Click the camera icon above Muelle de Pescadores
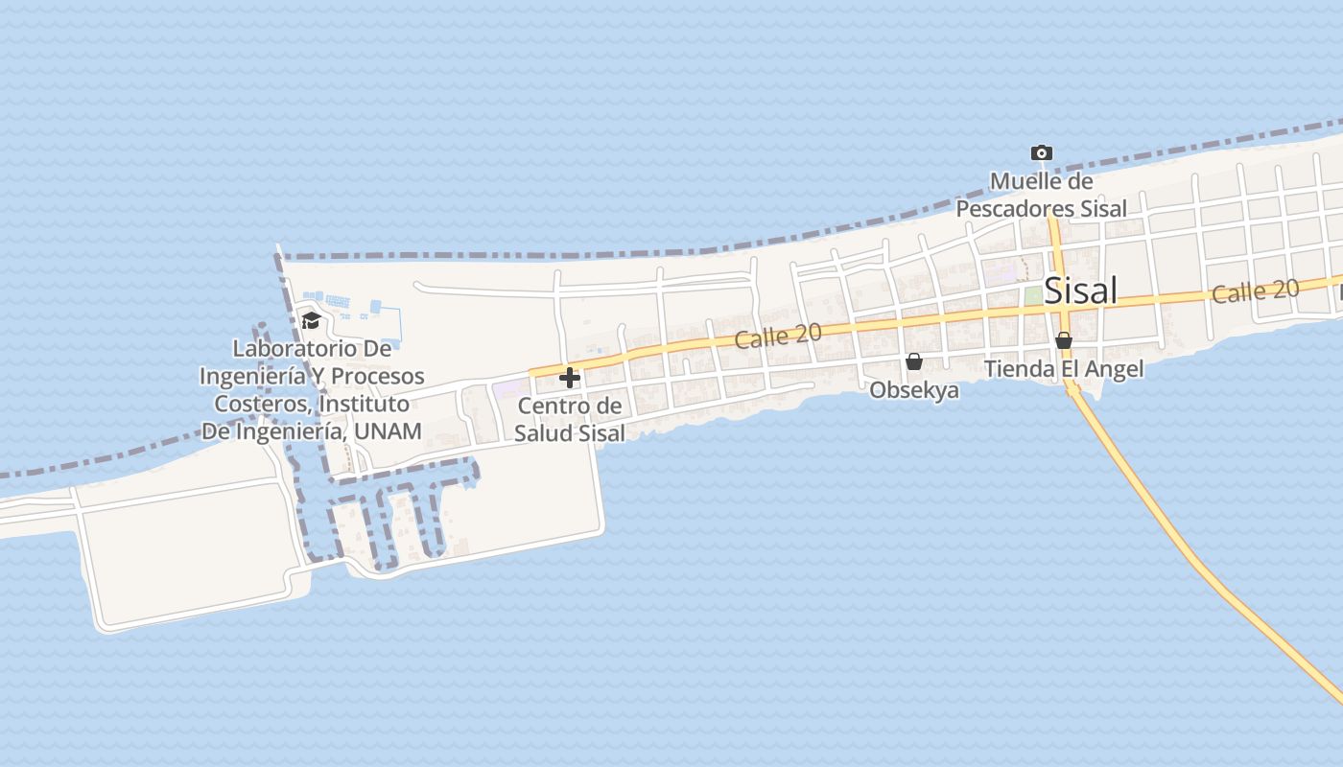(x=1041, y=152)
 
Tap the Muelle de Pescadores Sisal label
(x=1041, y=195)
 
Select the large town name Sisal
(x=1080, y=290)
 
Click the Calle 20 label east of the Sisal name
(x=1255, y=291)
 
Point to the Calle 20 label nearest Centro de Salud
(x=778, y=336)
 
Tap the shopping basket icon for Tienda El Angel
(x=1063, y=340)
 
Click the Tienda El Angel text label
(x=1064, y=369)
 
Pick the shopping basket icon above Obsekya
(x=914, y=361)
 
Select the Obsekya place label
(x=914, y=390)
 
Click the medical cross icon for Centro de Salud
(x=570, y=378)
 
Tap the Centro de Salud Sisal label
(x=570, y=419)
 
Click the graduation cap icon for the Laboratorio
(x=311, y=320)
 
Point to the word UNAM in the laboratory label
(x=388, y=430)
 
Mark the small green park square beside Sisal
(x=1032, y=296)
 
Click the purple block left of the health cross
(x=509, y=389)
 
